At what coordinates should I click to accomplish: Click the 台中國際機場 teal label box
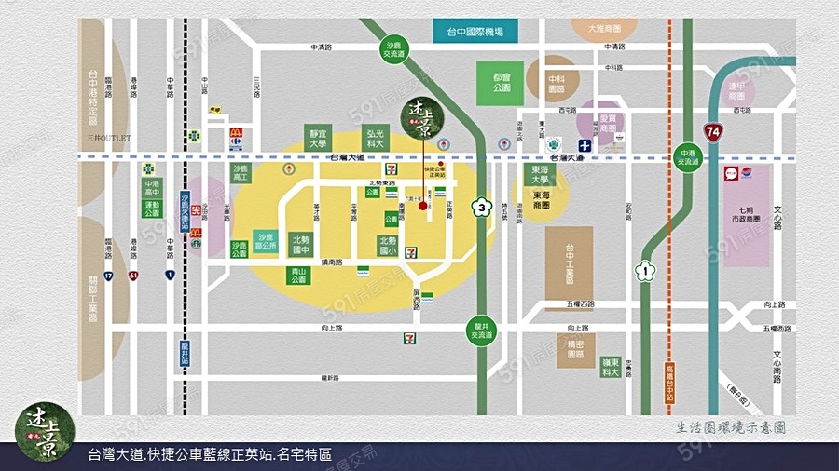(475, 32)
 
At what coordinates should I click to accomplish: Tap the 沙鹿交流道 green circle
(393, 50)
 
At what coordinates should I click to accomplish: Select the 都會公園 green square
(501, 84)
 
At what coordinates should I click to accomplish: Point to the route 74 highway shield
(714, 132)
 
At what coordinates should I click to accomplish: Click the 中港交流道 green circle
(688, 157)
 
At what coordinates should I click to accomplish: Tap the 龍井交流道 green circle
(481, 330)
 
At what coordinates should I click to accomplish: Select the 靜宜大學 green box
(318, 140)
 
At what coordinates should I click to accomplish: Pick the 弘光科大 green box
(376, 140)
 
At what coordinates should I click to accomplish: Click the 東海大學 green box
(540, 174)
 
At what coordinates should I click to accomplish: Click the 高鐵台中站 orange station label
(669, 383)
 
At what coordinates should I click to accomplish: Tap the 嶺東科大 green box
(611, 367)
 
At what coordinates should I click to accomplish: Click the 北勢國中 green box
(300, 245)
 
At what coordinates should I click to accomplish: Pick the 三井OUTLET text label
(108, 138)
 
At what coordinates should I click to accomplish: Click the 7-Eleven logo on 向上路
(409, 339)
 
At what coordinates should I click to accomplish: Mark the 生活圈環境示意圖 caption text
(732, 427)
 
